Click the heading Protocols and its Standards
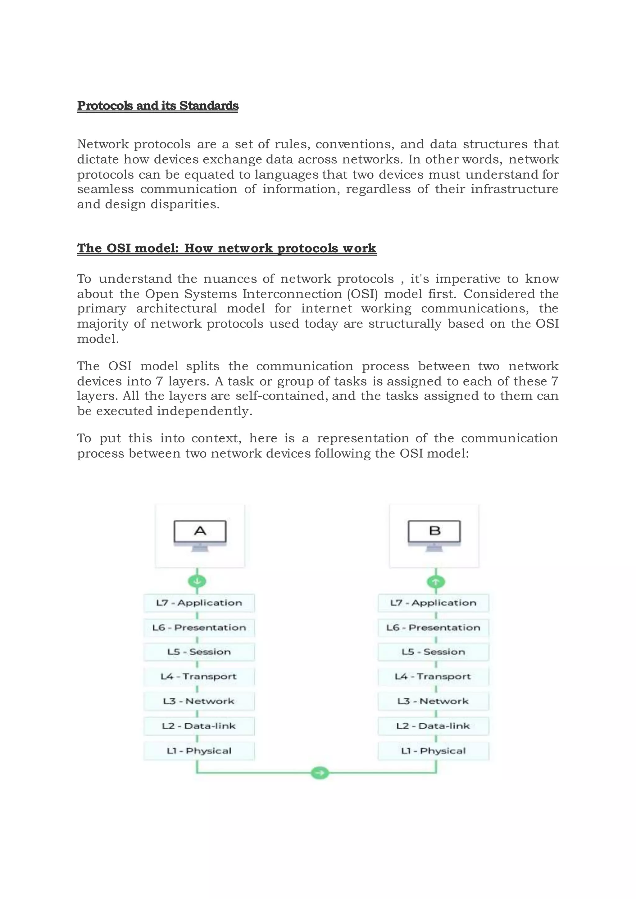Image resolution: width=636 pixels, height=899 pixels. (x=157, y=106)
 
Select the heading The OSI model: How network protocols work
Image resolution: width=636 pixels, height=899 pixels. (x=226, y=248)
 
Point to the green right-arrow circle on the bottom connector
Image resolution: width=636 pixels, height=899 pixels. (x=320, y=773)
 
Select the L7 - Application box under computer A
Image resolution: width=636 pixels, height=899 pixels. (x=199, y=603)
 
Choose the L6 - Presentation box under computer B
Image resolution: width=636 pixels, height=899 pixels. (x=433, y=628)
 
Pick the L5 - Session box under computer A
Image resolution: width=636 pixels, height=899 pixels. (x=199, y=652)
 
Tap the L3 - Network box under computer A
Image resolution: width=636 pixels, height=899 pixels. (x=199, y=701)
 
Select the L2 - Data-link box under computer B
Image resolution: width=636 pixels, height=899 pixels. (x=433, y=726)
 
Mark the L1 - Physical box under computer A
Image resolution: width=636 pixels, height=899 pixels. (x=199, y=751)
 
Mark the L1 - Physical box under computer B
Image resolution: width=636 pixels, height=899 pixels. (x=433, y=751)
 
